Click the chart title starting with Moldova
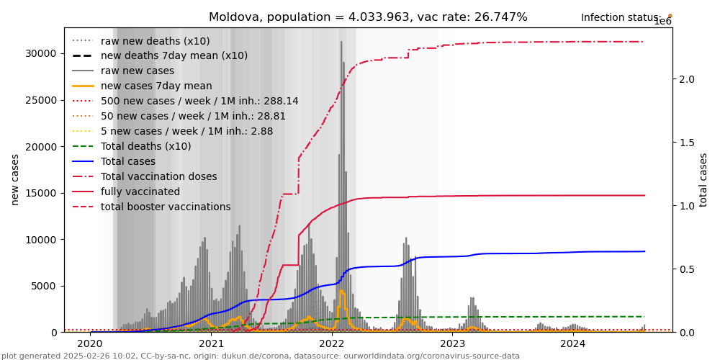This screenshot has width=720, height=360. click(x=368, y=17)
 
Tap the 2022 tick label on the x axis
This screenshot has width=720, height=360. click(x=332, y=344)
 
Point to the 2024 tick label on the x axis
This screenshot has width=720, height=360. click(x=573, y=344)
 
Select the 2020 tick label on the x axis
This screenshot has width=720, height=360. click(x=91, y=344)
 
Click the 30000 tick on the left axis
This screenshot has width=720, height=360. click(x=41, y=54)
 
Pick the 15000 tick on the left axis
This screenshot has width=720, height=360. click(x=41, y=193)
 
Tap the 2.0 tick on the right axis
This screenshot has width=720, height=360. click(x=686, y=79)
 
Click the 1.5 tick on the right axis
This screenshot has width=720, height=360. click(x=686, y=143)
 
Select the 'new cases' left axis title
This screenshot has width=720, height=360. click(x=15, y=179)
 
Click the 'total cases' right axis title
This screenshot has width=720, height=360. click(x=703, y=179)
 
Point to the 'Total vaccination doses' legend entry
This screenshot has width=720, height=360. click(x=158, y=176)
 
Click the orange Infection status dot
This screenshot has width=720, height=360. click(x=670, y=15)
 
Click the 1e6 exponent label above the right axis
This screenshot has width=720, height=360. click(x=662, y=22)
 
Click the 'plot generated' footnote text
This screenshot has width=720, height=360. click(x=260, y=356)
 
